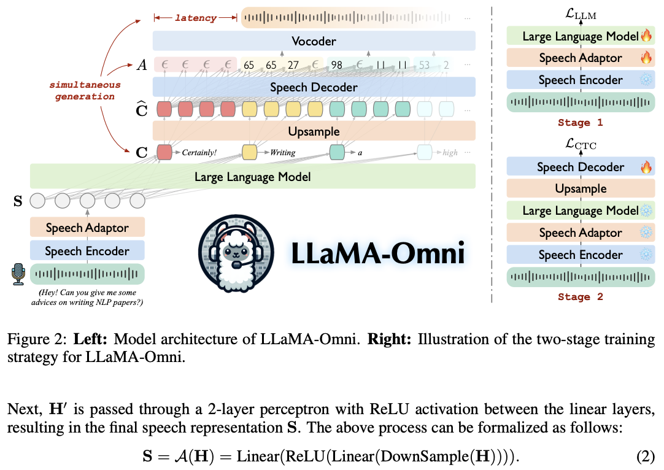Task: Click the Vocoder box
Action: click(314, 41)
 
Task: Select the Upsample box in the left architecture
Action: click(314, 131)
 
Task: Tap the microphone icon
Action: click(18, 274)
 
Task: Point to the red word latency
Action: click(196, 18)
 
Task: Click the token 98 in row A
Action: click(336, 64)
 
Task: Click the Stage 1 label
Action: click(580, 122)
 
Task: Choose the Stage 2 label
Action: click(580, 297)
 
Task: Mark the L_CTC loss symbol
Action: click(580, 145)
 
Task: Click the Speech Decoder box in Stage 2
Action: click(580, 167)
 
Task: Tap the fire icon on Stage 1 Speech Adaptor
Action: click(646, 58)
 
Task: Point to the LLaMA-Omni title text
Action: click(377, 253)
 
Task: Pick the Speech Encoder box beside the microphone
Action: click(87, 251)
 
